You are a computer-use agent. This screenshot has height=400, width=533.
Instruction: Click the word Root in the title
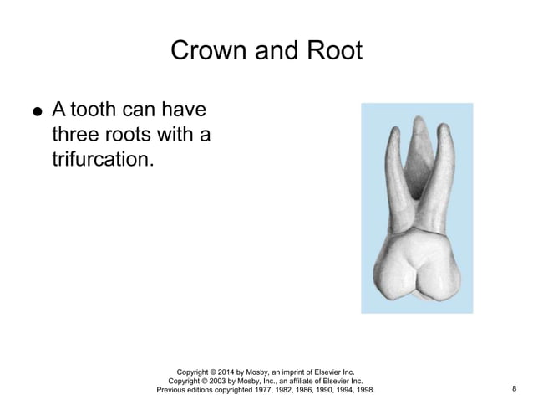(336, 51)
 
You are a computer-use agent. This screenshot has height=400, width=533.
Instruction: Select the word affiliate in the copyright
(302, 380)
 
